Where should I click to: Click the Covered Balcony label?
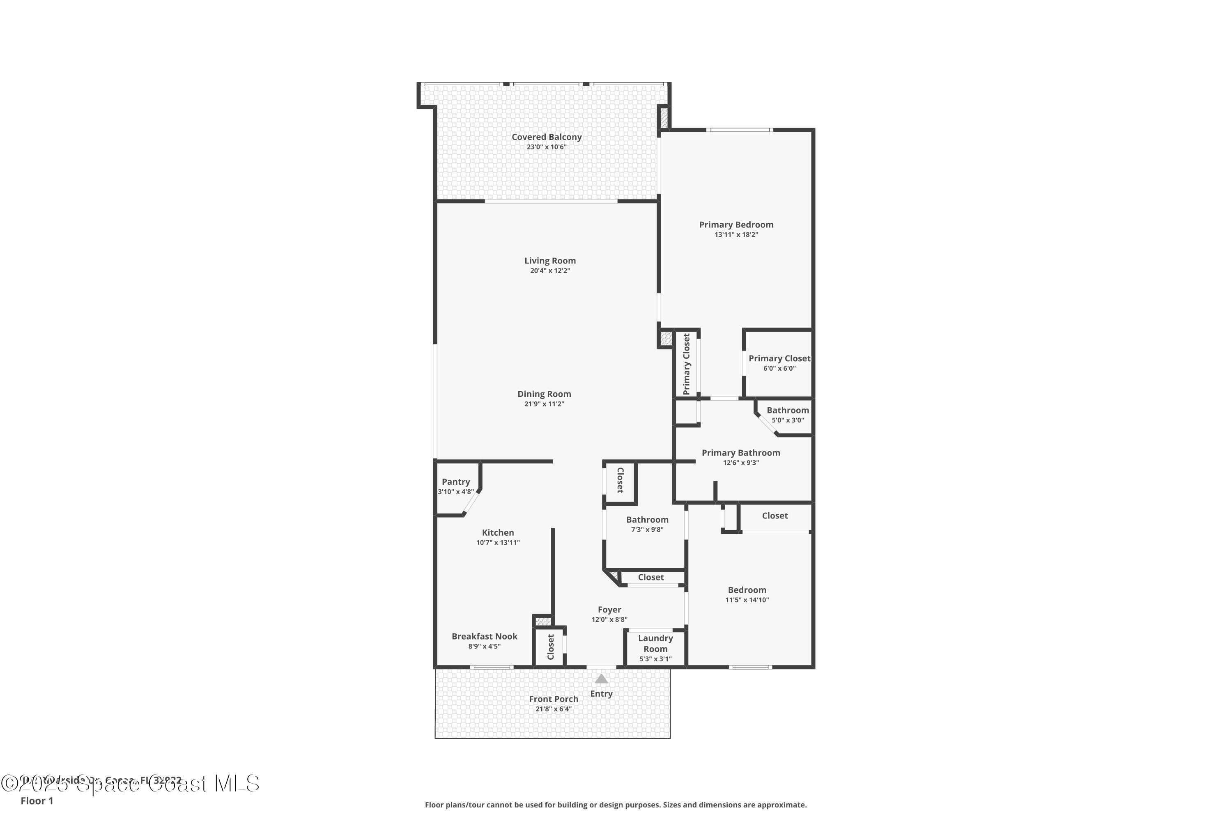pos(546,137)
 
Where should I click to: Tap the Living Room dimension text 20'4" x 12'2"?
pos(549,271)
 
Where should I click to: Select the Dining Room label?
pos(544,394)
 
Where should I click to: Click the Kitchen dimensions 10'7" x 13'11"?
pos(498,542)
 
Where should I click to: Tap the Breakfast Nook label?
pos(484,636)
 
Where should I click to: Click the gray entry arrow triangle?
pos(601,679)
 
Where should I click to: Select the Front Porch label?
pos(553,699)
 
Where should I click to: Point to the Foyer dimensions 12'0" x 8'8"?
pos(609,619)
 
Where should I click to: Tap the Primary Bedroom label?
pos(736,225)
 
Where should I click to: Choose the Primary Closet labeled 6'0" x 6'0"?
pos(779,359)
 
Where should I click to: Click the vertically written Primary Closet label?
pos(686,364)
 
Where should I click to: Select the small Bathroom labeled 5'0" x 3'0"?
pos(787,410)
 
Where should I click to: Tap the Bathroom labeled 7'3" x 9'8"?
pos(647,520)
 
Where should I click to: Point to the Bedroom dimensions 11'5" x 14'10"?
pos(747,600)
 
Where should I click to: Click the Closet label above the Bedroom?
pos(775,516)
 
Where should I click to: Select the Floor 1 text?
pos(37,800)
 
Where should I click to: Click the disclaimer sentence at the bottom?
pos(616,805)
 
